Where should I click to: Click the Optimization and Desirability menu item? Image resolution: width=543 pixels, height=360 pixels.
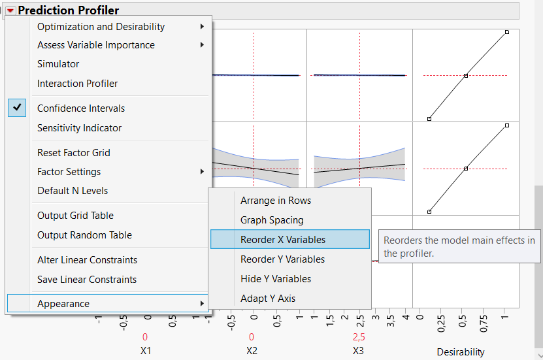[x=101, y=27]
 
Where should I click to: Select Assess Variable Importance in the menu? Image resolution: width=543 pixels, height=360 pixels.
[x=96, y=45]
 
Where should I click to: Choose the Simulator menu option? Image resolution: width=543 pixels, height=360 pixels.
[x=58, y=64]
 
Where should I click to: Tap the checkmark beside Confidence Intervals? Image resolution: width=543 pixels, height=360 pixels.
[x=17, y=108]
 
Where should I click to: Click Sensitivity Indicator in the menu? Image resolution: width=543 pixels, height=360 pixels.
[x=79, y=128]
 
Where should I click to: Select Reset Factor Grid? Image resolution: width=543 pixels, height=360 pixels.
[x=73, y=153]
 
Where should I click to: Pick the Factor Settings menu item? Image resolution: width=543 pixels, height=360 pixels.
[x=69, y=172]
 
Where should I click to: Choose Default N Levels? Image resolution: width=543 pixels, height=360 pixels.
[x=73, y=191]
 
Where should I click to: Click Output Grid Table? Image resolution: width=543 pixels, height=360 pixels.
[x=75, y=216]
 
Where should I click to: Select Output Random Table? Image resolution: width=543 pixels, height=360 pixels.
[x=84, y=235]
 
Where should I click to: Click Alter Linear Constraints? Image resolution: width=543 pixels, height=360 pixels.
[x=87, y=260]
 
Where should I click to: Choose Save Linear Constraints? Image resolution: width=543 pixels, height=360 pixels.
[x=87, y=280]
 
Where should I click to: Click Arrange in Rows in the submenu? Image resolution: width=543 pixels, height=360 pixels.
[x=276, y=201]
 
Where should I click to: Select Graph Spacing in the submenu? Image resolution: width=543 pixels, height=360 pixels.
[x=272, y=220]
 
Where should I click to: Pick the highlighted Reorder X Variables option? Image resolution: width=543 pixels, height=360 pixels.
[x=283, y=240]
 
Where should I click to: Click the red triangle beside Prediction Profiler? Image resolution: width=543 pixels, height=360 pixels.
[x=10, y=10]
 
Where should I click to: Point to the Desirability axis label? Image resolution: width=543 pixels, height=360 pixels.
[x=461, y=352]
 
